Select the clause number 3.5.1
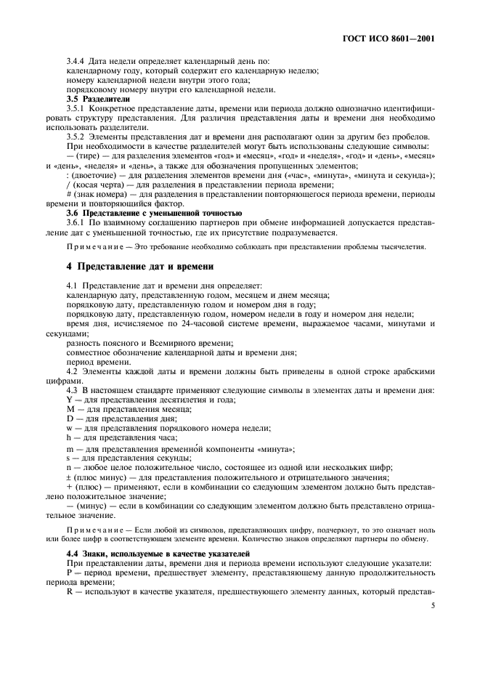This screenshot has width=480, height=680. pos(78,110)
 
